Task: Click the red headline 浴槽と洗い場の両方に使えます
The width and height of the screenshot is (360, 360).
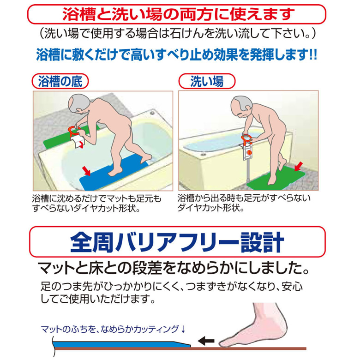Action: point(179,14)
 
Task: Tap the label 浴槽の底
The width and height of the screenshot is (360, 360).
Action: point(60,81)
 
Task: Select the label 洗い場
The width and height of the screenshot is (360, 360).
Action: point(207,81)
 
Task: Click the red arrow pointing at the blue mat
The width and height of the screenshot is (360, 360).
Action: point(86,171)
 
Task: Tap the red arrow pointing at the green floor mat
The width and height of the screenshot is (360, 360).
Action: point(299,166)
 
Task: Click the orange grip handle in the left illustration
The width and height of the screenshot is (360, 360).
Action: point(74,131)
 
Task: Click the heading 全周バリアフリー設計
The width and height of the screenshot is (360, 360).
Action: point(177,242)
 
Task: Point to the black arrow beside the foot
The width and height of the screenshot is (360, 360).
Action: point(206,341)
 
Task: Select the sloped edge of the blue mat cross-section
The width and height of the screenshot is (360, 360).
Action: point(183,344)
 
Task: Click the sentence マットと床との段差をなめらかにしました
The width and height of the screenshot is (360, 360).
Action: point(174,268)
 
